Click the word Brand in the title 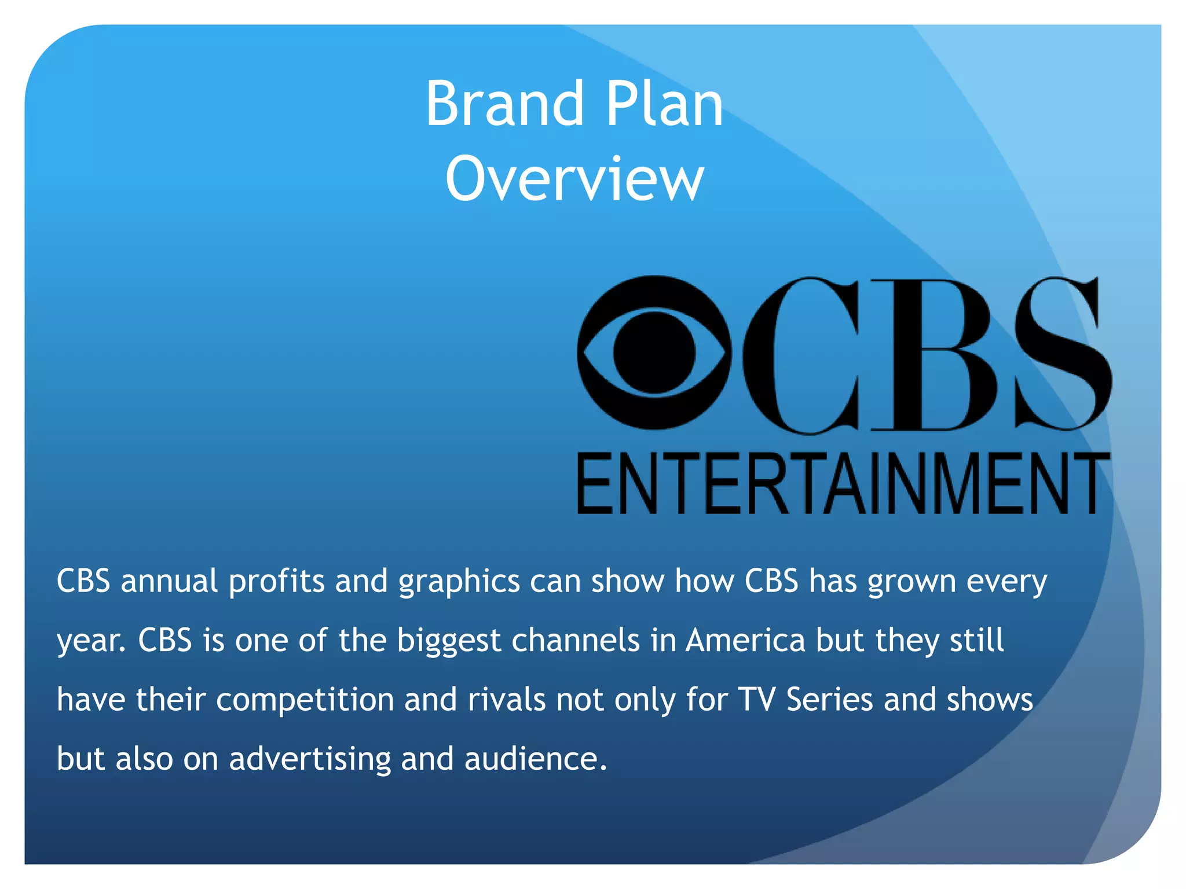[x=504, y=104]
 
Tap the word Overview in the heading [x=574, y=179]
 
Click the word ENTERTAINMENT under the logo [x=843, y=484]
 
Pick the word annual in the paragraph [x=169, y=581]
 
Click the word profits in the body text [x=277, y=582]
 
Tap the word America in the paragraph [x=745, y=640]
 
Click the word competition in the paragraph [x=305, y=700]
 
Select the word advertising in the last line [x=310, y=759]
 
